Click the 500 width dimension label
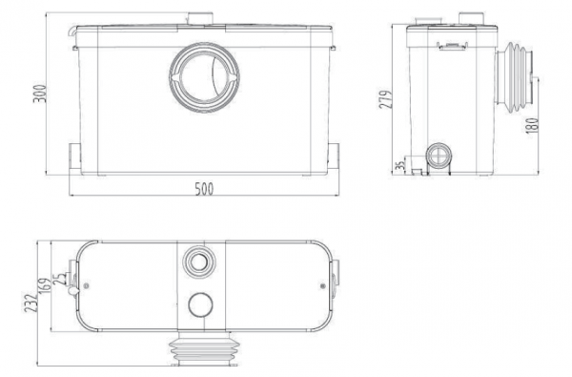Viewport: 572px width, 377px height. tap(204, 189)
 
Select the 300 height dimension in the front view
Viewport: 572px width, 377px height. tap(40, 94)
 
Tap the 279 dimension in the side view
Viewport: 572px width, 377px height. tap(386, 99)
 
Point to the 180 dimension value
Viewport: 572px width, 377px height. tap(532, 125)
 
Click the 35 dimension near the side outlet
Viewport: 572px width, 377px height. tap(400, 165)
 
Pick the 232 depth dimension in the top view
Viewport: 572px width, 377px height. tap(31, 303)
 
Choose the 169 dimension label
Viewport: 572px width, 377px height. tap(44, 287)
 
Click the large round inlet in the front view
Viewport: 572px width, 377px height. tap(204, 77)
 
